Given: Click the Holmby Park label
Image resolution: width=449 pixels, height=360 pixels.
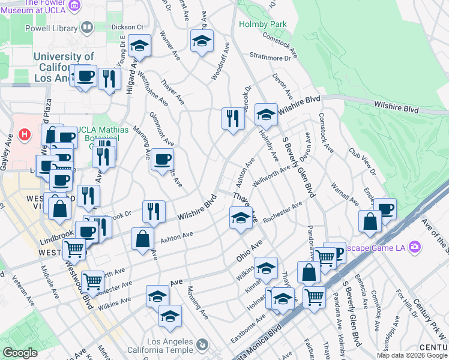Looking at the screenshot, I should pos(263,25).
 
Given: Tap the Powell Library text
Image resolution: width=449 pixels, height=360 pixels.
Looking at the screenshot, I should pos(50,28).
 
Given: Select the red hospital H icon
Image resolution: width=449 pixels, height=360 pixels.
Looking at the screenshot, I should pos(25,134).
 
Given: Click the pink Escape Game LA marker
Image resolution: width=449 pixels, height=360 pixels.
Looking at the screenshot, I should pos(414,247).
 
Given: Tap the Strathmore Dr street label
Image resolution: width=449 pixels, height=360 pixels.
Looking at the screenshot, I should pos(274,57).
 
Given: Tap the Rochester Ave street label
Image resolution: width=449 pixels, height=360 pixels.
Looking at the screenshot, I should pos(282,214).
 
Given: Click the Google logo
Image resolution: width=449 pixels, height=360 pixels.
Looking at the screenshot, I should pos(20,353).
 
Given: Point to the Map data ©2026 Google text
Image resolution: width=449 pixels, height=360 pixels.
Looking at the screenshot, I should pos(412,355).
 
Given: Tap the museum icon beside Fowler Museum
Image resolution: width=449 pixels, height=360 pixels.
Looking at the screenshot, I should pos(75,6).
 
